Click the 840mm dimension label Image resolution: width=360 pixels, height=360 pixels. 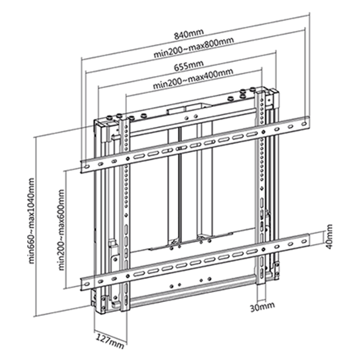(x=189, y=34)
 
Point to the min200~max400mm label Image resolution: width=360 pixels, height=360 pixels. (x=193, y=78)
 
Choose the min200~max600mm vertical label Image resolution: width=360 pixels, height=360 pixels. (x=61, y=230)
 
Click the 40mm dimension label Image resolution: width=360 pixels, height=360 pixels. (x=329, y=237)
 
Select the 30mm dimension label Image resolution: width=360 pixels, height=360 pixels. (x=262, y=307)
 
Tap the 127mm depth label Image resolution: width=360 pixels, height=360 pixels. (x=109, y=341)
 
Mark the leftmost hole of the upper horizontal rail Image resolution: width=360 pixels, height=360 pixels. (x=87, y=166)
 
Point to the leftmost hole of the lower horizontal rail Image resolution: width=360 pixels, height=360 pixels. (x=87, y=284)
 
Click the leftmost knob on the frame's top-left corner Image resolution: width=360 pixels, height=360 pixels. (x=110, y=118)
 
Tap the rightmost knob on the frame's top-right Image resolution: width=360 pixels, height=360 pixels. (x=253, y=89)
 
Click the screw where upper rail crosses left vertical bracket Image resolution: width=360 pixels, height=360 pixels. (x=127, y=158)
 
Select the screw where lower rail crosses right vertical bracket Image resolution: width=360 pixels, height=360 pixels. (x=263, y=249)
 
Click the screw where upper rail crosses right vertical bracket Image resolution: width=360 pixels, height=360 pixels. (x=264, y=132)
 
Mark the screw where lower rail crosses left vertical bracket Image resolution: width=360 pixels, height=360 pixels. (x=127, y=276)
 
